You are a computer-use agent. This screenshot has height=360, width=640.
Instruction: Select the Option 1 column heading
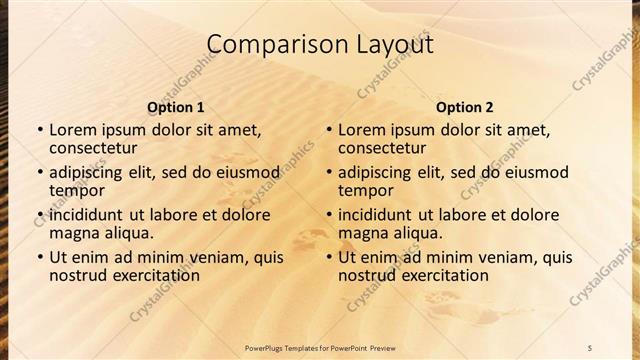176,107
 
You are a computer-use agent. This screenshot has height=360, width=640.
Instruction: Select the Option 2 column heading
465,107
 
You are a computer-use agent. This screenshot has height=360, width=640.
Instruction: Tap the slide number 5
590,348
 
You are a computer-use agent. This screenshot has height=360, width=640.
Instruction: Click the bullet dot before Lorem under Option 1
39,131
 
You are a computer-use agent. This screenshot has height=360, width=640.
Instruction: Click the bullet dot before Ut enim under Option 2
328,258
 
